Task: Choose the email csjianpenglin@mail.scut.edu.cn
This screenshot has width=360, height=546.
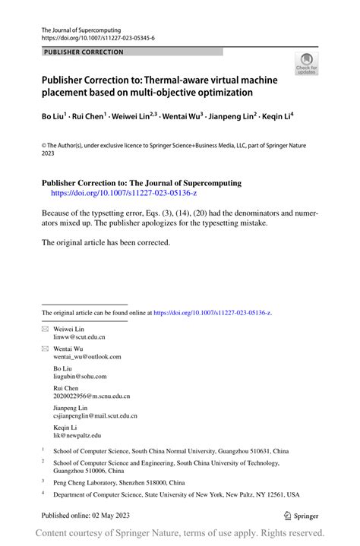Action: pos(96,415)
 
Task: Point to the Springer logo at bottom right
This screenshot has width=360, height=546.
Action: pos(302,514)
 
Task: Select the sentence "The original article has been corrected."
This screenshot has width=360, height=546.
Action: pos(106,242)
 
